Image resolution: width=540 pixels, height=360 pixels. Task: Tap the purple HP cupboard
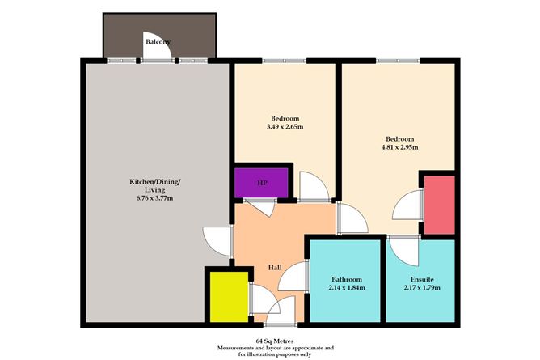pyautogui.click(x=261, y=182)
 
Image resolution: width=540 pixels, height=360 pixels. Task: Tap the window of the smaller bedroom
pyautogui.click(x=285, y=61)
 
